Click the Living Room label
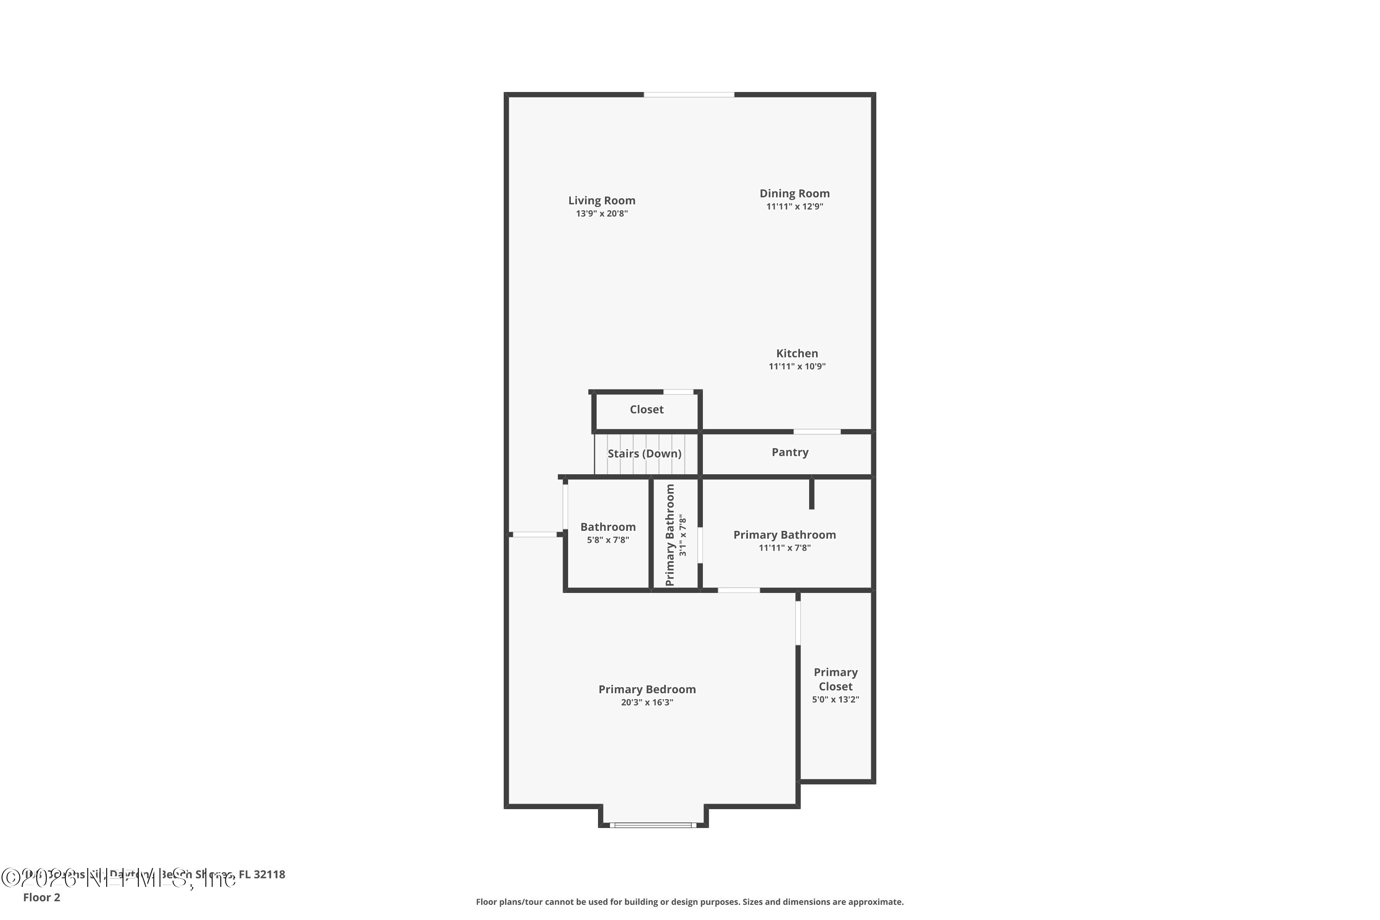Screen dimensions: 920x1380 [601, 201]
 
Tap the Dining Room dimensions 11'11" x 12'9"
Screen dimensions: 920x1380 [794, 207]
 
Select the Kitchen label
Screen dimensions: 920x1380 [797, 353]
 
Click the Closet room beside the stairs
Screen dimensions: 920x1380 [647, 409]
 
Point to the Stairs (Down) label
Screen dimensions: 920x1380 [644, 454]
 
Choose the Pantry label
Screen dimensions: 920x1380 [790, 452]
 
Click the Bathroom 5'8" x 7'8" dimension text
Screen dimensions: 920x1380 [608, 540]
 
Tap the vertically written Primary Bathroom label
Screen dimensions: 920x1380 [670, 535]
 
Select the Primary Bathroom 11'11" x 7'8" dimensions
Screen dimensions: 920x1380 [784, 548]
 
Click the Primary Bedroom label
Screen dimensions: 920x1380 [647, 690]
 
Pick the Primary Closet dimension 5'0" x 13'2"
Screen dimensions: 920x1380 [835, 699]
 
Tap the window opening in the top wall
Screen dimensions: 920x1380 [689, 94]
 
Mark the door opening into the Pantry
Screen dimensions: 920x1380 [817, 432]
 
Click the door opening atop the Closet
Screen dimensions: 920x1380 [678, 392]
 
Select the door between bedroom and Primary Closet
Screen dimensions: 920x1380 [798, 622]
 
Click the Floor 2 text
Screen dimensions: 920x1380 [42, 897]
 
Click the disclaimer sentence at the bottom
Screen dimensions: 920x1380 [690, 902]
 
